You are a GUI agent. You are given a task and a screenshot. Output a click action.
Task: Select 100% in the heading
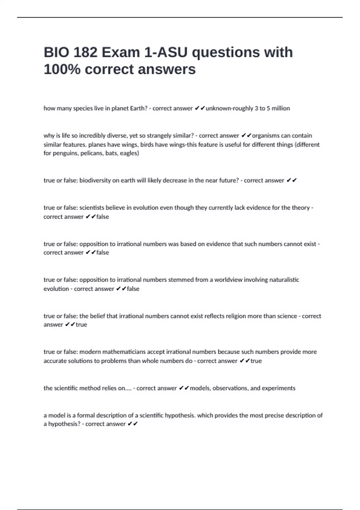(x=62, y=69)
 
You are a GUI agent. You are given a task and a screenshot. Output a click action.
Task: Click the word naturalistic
(x=284, y=280)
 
